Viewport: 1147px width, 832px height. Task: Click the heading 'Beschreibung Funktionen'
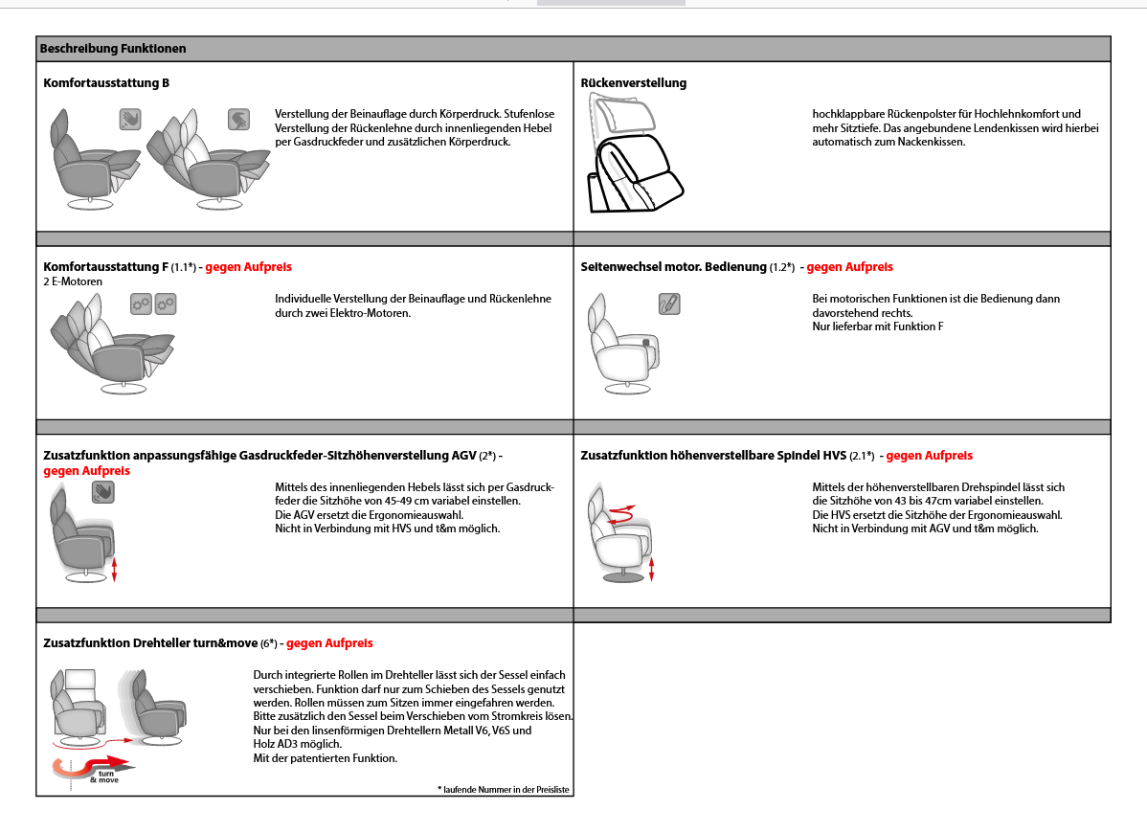[113, 48]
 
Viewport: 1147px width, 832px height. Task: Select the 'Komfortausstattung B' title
[106, 83]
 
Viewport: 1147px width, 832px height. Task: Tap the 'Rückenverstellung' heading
[634, 83]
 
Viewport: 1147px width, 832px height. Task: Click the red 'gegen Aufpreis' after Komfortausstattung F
[249, 267]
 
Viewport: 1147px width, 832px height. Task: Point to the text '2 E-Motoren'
[73, 281]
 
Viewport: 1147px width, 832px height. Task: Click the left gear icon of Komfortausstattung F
[142, 304]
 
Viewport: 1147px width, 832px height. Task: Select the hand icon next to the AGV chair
[102, 492]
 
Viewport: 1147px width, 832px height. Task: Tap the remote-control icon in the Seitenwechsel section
[669, 304]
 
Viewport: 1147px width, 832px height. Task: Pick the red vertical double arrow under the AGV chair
[115, 571]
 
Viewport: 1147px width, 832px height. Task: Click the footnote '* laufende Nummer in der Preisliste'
[504, 789]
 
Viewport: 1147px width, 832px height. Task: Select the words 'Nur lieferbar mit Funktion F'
[878, 326]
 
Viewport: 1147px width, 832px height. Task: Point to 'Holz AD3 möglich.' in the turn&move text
[297, 744]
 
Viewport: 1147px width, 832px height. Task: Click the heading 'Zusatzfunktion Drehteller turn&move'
[150, 643]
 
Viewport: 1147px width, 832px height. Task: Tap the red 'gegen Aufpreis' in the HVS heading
[929, 456]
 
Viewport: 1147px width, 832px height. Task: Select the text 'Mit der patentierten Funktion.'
[326, 758]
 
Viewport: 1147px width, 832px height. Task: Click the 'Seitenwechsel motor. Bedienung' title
[673, 267]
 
